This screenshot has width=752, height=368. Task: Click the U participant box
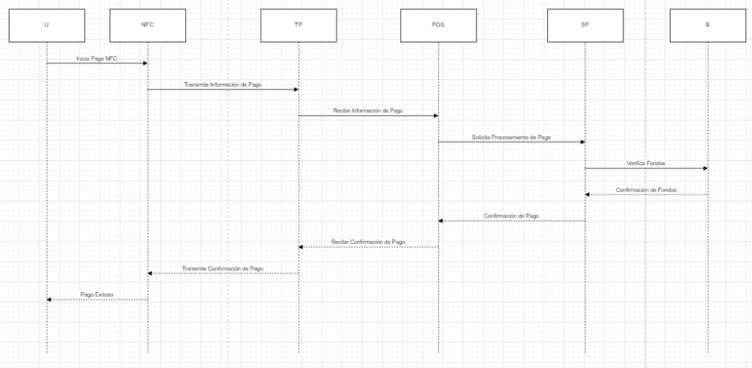46,24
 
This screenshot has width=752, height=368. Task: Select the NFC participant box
147,24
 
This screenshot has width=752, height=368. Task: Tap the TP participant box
298,24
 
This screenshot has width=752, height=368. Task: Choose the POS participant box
438,24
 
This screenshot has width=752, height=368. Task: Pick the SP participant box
585,24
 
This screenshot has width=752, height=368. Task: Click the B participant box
707,24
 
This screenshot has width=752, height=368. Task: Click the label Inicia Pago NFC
96,58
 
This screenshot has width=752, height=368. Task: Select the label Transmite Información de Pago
223,84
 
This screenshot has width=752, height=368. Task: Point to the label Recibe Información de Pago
368,111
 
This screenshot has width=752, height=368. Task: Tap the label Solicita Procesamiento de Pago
511,137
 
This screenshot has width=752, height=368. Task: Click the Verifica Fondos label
646,163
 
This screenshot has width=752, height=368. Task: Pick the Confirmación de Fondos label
646,190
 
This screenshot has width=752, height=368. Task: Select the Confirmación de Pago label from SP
512,216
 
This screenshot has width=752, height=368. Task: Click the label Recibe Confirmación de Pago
368,242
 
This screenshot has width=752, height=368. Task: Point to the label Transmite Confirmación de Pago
223,269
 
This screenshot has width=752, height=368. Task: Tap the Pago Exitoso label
97,295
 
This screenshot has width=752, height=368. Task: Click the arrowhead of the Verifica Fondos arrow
704,168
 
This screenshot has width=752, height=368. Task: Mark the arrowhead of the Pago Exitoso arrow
49,300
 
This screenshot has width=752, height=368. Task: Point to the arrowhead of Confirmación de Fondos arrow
587,195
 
